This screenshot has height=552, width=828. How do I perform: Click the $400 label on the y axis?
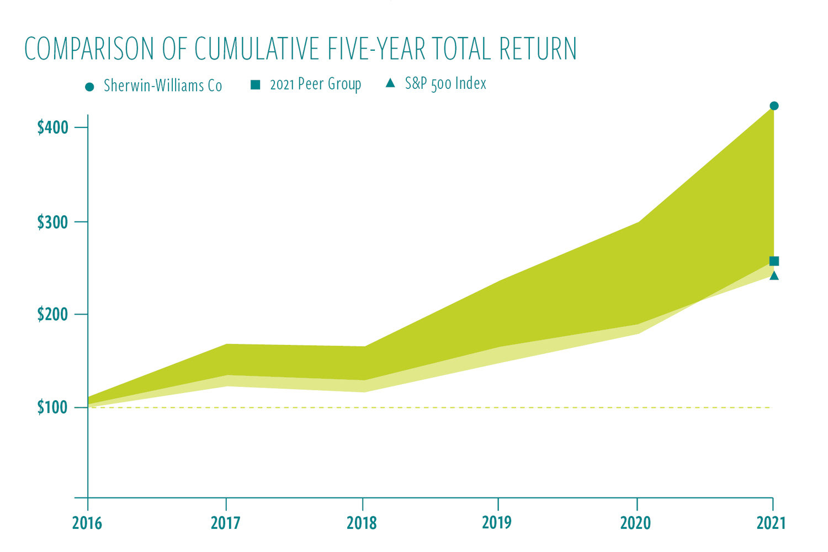[53, 128]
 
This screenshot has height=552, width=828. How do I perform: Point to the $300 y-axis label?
[53, 222]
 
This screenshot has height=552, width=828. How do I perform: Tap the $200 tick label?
[53, 315]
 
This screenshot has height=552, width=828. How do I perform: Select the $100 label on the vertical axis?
[53, 408]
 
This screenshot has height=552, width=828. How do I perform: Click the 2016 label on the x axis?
[87, 523]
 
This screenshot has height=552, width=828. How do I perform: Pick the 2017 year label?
[225, 523]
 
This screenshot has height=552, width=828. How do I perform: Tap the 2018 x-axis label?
[362, 523]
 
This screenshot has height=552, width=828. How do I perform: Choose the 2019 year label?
[497, 523]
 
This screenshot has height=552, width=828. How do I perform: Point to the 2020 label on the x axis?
[636, 523]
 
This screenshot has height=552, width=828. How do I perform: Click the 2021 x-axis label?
[771, 523]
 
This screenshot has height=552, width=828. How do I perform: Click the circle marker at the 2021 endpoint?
[774, 106]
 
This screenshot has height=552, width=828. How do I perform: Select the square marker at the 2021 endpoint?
[774, 261]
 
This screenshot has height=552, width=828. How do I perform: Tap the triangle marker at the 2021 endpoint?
[774, 275]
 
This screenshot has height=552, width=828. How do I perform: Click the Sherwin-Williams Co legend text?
[163, 86]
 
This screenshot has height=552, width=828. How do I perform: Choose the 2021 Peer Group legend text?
[316, 84]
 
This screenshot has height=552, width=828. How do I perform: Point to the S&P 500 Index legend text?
[445, 84]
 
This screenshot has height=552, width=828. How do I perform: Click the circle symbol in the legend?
[90, 87]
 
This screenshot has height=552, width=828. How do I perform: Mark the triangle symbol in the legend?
[390, 83]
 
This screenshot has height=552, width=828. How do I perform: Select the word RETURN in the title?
[538, 49]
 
